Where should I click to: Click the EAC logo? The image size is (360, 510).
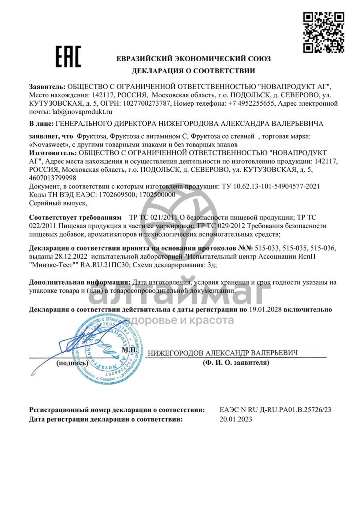(68, 56)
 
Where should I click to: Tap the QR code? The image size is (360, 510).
(323, 33)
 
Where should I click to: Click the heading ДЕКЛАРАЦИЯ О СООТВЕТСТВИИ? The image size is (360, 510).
(194, 71)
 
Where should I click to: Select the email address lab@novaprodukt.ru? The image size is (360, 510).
(80, 112)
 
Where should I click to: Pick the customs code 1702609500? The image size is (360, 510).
(110, 195)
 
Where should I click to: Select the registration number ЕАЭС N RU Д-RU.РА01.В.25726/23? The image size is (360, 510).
(276, 410)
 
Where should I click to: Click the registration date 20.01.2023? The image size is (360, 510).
(236, 419)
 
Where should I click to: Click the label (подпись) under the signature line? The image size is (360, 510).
(72, 363)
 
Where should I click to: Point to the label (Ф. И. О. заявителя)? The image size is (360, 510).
(236, 363)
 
